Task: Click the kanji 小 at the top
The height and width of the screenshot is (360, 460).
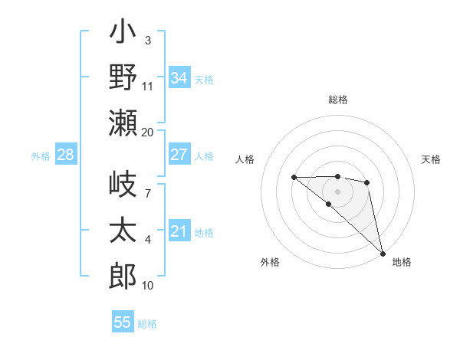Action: point(123,33)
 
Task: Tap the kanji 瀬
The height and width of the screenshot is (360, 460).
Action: point(123,123)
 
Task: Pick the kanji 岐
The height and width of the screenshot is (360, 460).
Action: point(123,186)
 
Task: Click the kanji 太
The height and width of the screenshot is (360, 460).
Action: point(123,231)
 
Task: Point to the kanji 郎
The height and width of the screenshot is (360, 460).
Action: point(123,276)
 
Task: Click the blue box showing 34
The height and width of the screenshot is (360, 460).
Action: point(179,77)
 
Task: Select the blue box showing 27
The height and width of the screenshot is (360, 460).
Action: point(179,155)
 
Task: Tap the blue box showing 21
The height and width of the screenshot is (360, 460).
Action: point(179,231)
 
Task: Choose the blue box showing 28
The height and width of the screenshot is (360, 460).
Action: point(66,155)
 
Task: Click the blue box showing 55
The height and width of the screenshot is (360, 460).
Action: point(123,322)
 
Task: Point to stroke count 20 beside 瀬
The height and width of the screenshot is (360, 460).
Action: point(148,133)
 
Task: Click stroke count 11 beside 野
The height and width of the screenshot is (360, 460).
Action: point(148,87)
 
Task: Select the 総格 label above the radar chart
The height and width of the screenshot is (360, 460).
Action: point(338,100)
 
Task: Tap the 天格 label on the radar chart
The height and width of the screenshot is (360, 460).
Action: point(431,159)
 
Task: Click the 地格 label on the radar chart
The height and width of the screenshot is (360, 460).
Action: point(402,262)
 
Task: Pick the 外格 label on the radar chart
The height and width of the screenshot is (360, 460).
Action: point(270,262)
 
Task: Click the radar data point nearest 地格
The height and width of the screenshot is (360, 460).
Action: point(383,253)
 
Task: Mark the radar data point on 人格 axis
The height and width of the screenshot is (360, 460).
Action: point(294,177)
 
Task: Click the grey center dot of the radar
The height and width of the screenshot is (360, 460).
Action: point(338,191)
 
